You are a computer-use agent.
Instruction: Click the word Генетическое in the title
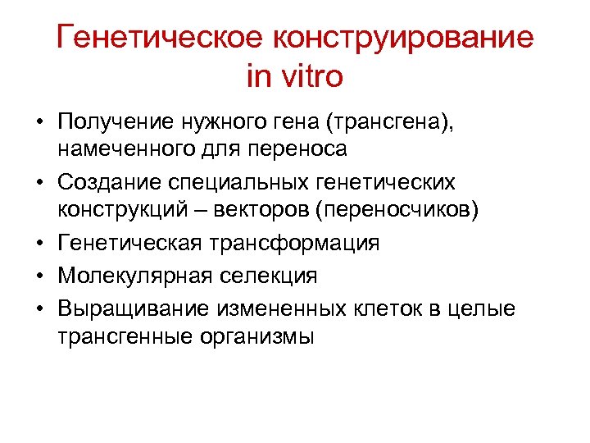(161, 38)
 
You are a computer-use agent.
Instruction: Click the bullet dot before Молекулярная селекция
(39, 276)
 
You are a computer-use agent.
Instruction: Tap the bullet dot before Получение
(39, 124)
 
